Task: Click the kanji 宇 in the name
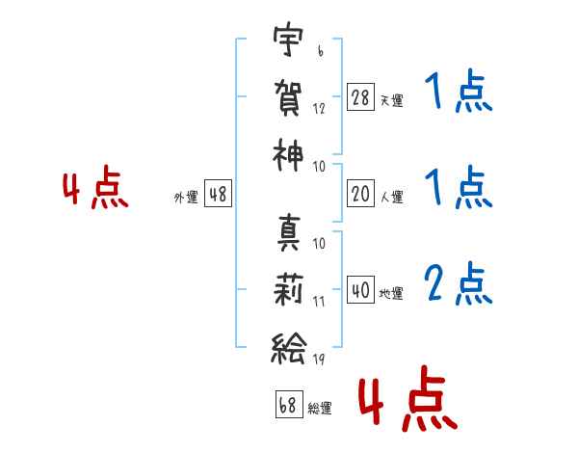(288, 39)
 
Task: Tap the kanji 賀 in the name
(288, 97)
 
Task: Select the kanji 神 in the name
(288, 155)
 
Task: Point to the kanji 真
(289, 233)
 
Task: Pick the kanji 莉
(288, 290)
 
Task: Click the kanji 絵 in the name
(288, 348)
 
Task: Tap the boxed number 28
(360, 97)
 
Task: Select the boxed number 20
(360, 194)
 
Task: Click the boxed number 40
(360, 289)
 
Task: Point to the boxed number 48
(218, 194)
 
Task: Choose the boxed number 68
(289, 404)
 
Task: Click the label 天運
(391, 100)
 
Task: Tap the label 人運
(392, 197)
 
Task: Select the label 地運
(391, 293)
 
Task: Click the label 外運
(186, 197)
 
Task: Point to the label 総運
(320, 408)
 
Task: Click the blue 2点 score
(459, 283)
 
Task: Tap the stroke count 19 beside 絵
(319, 359)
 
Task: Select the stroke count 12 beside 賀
(319, 109)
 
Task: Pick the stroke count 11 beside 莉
(319, 302)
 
